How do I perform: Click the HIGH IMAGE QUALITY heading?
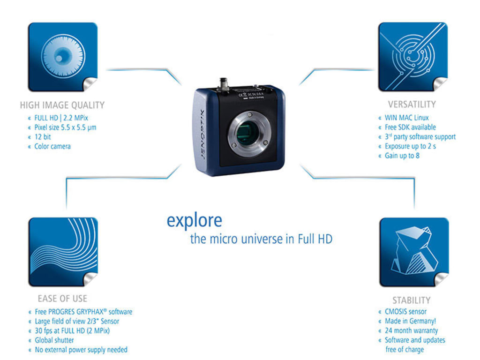(62, 105)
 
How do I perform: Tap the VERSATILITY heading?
(412, 104)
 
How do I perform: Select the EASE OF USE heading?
(62, 299)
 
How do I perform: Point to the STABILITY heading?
(411, 300)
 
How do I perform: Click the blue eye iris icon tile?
(62, 57)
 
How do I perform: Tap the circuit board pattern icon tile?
(413, 57)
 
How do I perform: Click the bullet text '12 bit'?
(43, 137)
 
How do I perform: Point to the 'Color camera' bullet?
(52, 146)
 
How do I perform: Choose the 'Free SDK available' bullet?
(410, 127)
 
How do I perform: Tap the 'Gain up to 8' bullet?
(402, 156)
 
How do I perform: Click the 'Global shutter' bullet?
(54, 340)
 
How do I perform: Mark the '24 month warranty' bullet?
(411, 330)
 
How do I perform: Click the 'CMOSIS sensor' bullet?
(405, 312)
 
